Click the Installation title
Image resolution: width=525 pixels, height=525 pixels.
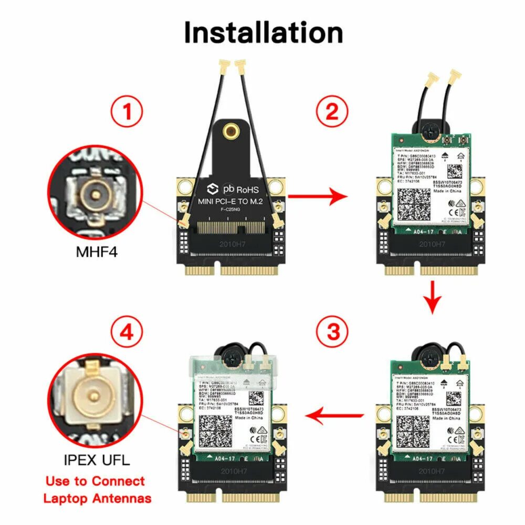[263, 33]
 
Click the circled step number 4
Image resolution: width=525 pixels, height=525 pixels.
[127, 331]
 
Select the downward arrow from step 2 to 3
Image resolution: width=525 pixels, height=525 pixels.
[433, 297]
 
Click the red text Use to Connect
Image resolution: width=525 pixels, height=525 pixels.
[95, 481]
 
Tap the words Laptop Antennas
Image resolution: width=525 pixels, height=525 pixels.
[98, 498]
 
